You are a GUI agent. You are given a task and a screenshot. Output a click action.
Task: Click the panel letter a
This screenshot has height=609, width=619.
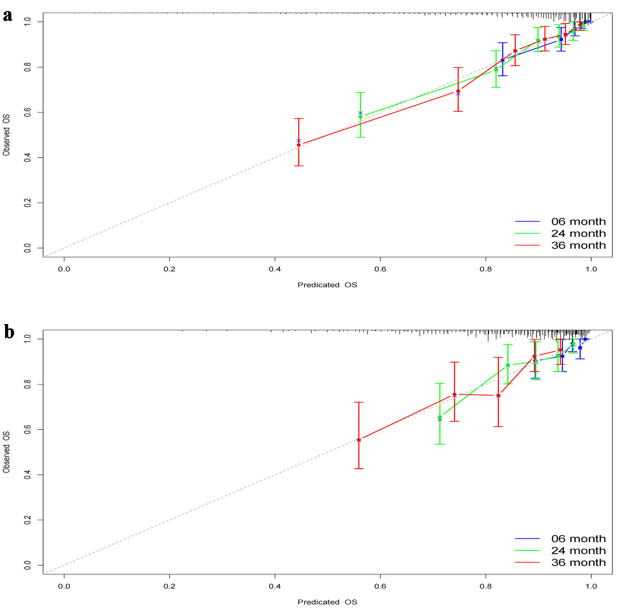(7, 16)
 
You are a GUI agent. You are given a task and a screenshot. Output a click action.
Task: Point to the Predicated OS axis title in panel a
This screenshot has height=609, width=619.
(327, 285)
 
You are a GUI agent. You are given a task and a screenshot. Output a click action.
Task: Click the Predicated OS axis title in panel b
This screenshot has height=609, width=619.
(327, 602)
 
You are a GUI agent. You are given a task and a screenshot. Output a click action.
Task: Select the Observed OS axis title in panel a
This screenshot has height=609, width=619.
(6, 135)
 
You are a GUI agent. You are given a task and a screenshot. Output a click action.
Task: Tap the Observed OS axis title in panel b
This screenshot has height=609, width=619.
(6, 452)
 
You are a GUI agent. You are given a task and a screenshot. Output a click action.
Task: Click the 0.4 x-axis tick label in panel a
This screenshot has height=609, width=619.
(275, 269)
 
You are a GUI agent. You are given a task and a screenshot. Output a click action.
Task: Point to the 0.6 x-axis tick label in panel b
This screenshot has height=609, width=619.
(380, 586)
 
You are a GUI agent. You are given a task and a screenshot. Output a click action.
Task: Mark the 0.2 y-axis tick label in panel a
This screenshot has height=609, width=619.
(27, 203)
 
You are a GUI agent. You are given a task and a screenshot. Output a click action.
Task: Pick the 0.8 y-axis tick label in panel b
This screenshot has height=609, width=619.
(27, 384)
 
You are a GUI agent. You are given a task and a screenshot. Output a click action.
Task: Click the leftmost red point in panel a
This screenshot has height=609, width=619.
(299, 145)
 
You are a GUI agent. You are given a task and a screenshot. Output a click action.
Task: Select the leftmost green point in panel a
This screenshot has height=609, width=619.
(361, 117)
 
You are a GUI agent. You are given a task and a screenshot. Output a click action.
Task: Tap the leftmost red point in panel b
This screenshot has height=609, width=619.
(359, 440)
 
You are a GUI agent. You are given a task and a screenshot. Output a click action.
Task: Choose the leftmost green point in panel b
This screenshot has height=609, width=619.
(440, 417)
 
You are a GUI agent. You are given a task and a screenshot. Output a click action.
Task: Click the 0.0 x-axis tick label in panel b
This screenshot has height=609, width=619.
(64, 586)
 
